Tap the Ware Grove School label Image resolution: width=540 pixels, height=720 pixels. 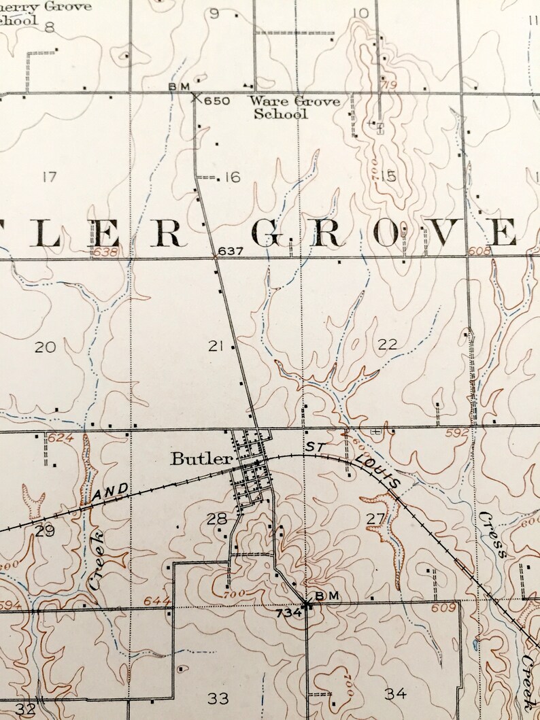294,107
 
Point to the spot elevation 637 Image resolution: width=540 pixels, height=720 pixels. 231,252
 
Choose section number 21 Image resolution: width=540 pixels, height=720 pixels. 216,347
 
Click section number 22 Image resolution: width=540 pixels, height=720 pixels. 387,345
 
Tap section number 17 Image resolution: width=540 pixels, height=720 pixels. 48,177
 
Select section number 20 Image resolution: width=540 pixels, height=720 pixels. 45,347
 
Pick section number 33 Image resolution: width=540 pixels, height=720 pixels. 218,698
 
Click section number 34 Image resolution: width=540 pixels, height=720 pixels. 395,693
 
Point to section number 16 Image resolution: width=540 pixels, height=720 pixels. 232,177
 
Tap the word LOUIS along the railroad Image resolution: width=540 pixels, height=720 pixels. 376,471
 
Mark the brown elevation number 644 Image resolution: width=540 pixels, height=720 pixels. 156,601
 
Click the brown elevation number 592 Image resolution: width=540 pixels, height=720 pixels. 458,432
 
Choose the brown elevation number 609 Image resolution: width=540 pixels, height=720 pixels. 442,607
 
